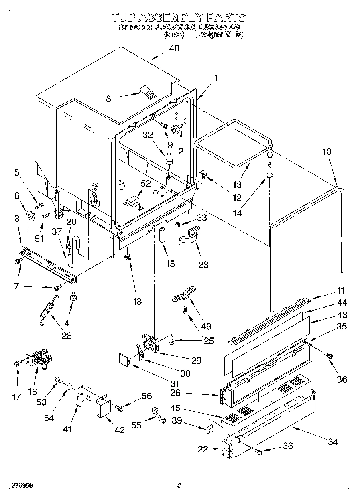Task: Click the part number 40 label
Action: (x=174, y=48)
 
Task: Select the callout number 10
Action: (x=327, y=152)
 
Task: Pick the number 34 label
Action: (x=332, y=442)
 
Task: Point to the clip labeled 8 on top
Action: (x=148, y=93)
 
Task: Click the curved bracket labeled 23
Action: (x=189, y=236)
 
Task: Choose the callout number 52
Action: (x=146, y=183)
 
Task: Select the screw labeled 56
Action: (x=119, y=408)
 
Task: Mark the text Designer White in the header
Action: (x=219, y=35)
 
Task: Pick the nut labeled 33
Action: (x=177, y=225)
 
